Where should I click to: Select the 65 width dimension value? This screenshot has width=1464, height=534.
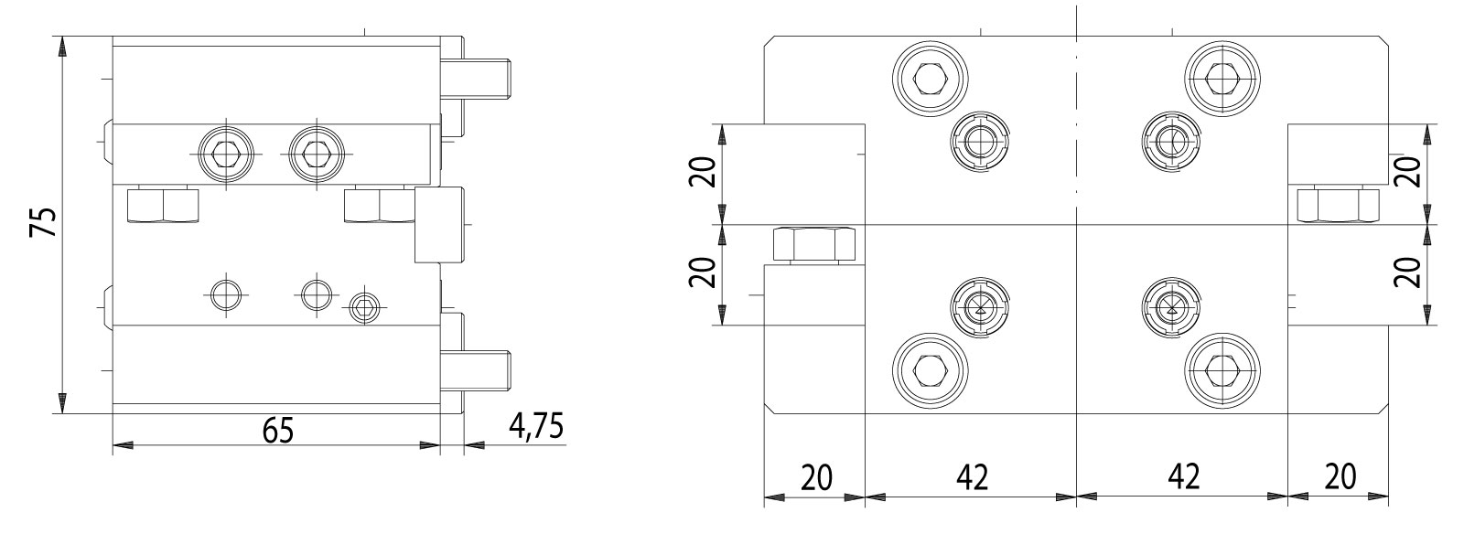[x=276, y=429]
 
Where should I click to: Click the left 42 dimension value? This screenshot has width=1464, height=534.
[x=972, y=477]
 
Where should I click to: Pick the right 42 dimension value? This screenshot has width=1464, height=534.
[x=1184, y=477]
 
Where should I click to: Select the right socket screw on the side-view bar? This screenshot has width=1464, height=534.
[x=316, y=152]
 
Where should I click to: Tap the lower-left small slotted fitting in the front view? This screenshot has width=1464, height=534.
[x=980, y=306]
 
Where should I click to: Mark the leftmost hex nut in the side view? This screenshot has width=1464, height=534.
[x=163, y=205]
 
